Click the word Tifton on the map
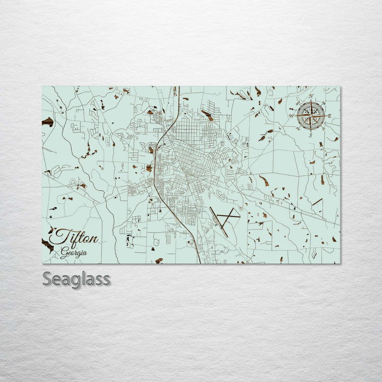(x=74, y=237)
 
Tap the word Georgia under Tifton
(x=73, y=253)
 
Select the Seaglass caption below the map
(x=76, y=279)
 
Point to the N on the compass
(x=311, y=97)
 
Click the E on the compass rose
(x=329, y=116)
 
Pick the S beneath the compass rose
(x=310, y=135)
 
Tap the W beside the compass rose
(x=291, y=116)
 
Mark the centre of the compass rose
(x=311, y=116)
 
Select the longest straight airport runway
(x=219, y=222)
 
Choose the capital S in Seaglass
(x=47, y=279)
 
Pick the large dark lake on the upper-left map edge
(x=48, y=121)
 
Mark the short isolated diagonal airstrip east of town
(x=317, y=202)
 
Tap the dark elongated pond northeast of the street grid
(x=207, y=115)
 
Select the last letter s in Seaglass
(x=107, y=279)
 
